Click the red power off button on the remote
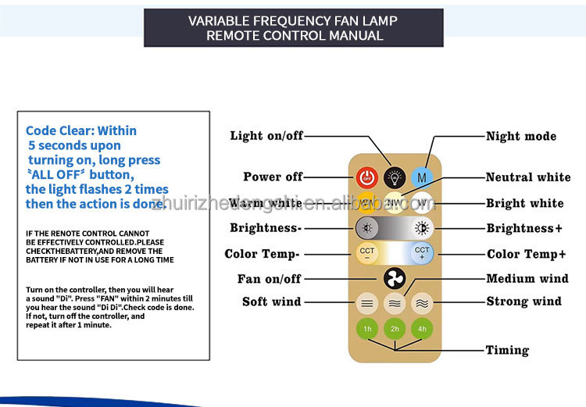(366, 177)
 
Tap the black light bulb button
(394, 177)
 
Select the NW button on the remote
(394, 203)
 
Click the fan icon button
(395, 279)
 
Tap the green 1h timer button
(366, 329)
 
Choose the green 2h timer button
(395, 329)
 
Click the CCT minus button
(366, 252)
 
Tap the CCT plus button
(423, 252)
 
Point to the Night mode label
(521, 136)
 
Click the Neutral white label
(528, 177)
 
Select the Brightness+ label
(524, 229)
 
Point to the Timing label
(507, 350)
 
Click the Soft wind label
(272, 302)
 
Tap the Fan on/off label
(270, 279)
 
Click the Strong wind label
(523, 302)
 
